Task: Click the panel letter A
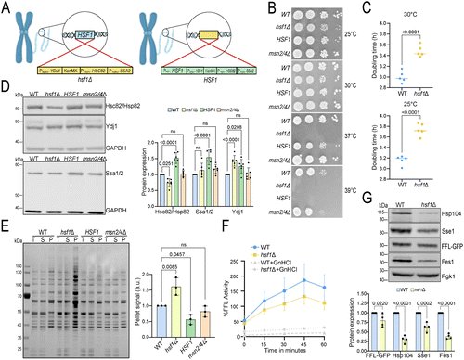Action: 6,7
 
